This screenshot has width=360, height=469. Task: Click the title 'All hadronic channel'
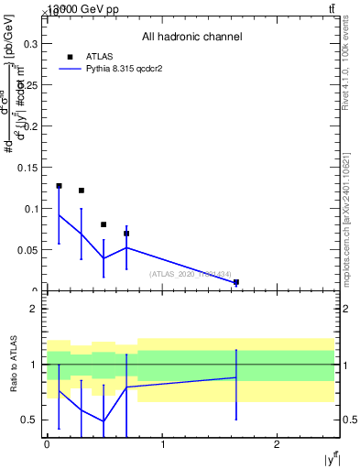(x=191, y=38)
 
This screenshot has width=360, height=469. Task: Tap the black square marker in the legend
(x=70, y=57)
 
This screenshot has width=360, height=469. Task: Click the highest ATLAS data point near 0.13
(x=59, y=186)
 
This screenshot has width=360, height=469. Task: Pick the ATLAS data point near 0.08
(x=104, y=224)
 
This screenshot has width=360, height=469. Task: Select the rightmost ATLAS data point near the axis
(x=236, y=282)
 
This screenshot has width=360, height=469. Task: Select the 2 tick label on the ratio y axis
(x=34, y=309)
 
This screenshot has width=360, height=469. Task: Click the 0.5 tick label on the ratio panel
(x=30, y=420)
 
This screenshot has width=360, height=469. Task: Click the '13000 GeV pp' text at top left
(x=83, y=9)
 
